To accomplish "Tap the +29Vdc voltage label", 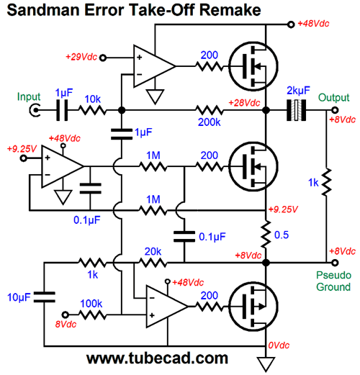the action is click(x=81, y=57).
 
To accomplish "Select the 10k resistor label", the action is click(x=93, y=99).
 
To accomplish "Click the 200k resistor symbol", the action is click(x=210, y=110).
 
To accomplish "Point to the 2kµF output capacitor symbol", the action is click(x=297, y=110).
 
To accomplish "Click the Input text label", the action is click(x=29, y=96).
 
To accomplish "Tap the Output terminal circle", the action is click(x=335, y=110).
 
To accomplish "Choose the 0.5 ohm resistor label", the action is click(x=282, y=235).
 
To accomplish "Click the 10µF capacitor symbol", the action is click(x=44, y=297).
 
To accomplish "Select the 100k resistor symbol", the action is click(x=92, y=315).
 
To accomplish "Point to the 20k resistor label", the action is click(x=153, y=251).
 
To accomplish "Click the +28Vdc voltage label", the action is click(x=244, y=103).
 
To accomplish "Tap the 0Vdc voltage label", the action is click(x=279, y=345).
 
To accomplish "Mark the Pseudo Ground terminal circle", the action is click(x=335, y=263).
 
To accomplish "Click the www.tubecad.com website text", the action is click(x=157, y=358).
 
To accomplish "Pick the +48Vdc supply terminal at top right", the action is click(x=291, y=24).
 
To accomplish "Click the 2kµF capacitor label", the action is click(x=298, y=91).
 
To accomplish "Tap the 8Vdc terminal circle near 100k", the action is click(x=66, y=315).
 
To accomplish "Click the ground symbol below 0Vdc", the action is click(x=266, y=364).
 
